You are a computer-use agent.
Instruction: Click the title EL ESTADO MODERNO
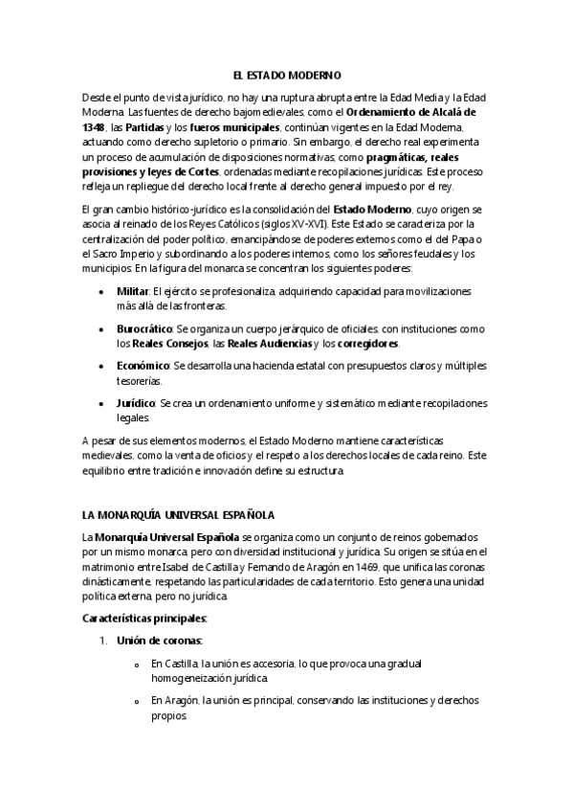point(286,74)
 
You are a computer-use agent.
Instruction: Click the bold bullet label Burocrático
point(144,327)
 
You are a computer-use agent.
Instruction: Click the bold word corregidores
point(367,343)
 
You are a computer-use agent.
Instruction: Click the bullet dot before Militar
point(100,289)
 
